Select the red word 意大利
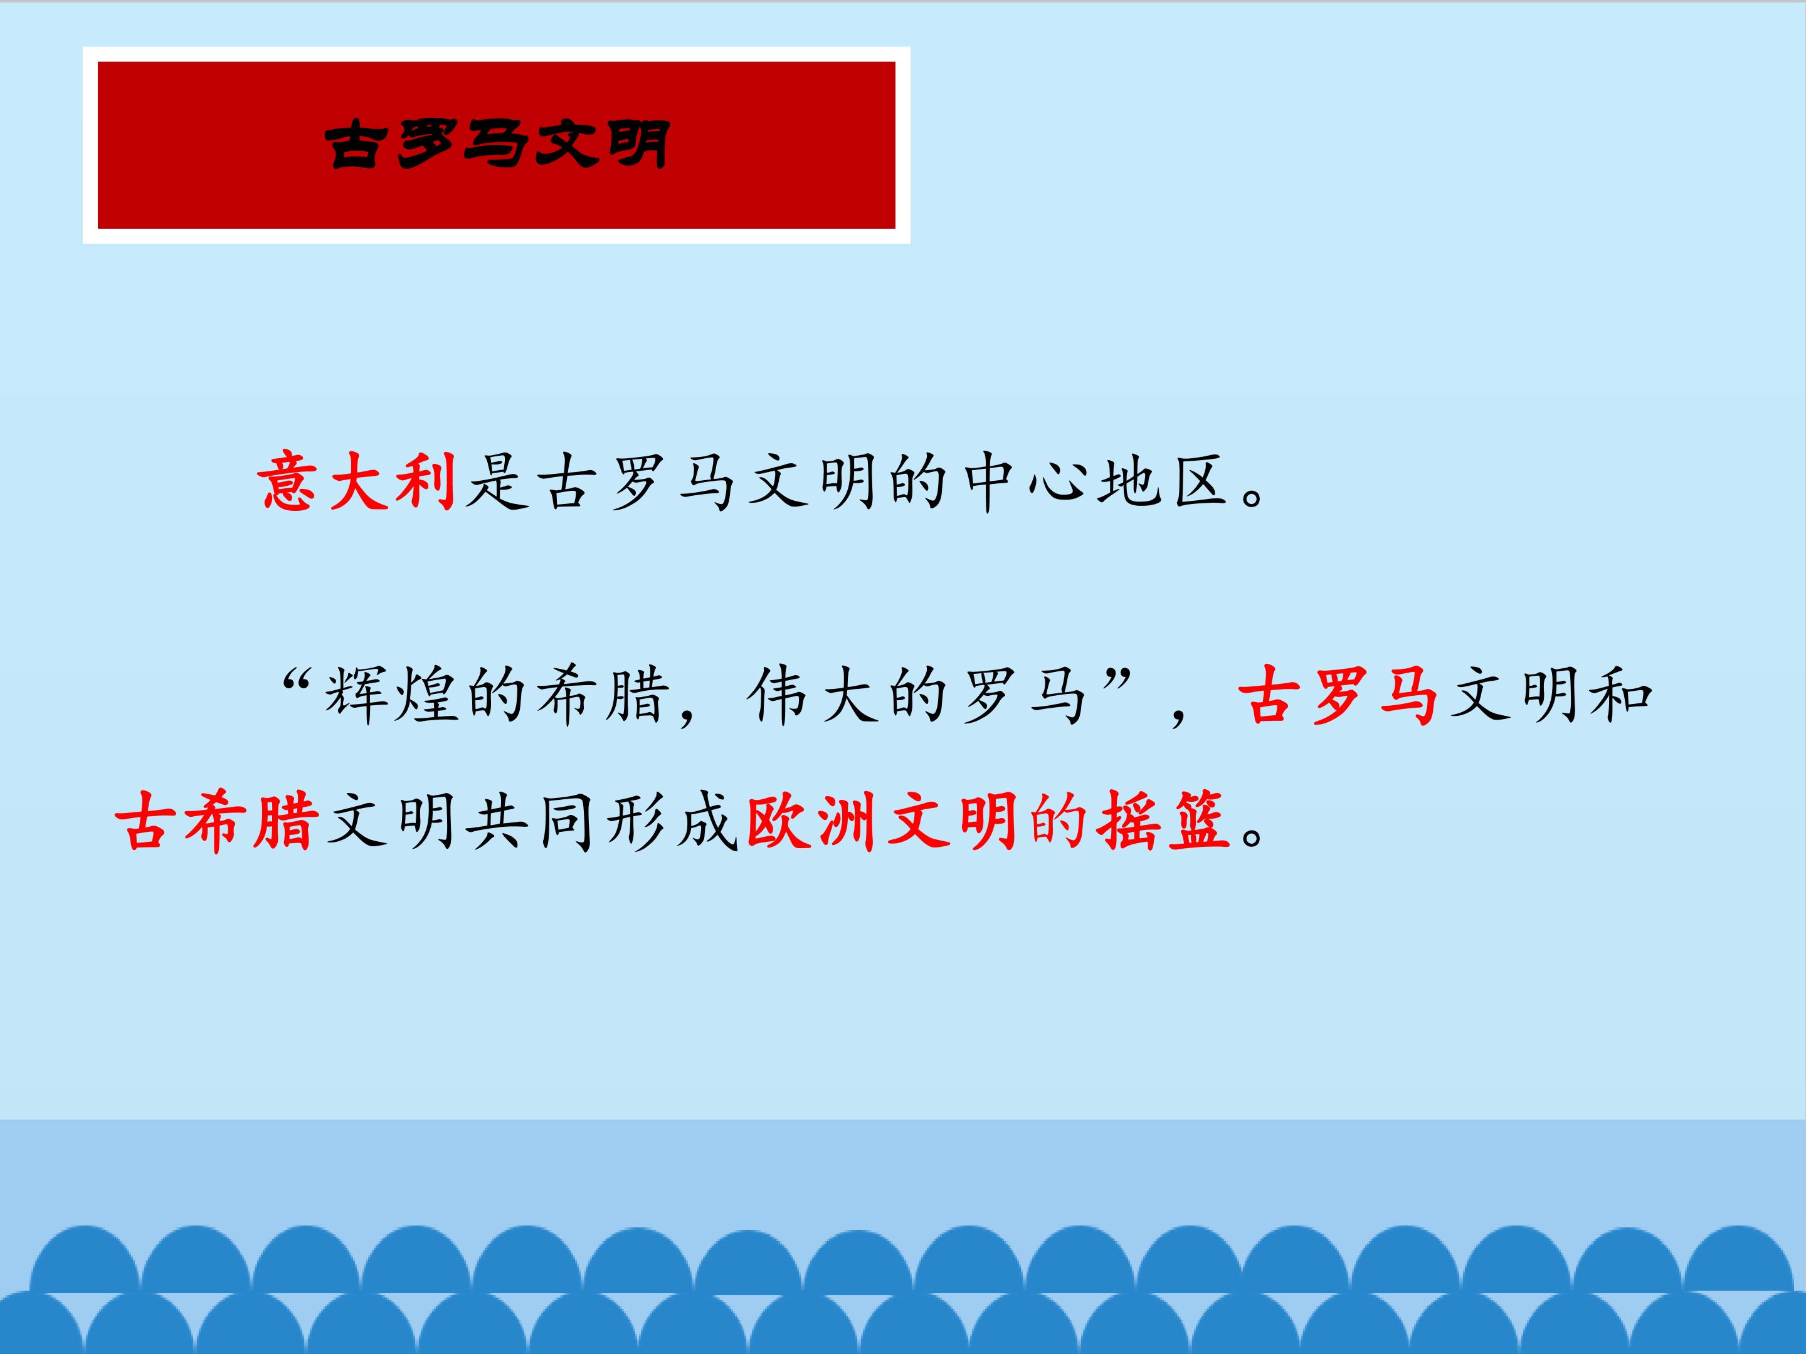click(357, 482)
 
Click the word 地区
click(1165, 482)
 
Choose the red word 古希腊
click(216, 820)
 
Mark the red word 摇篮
click(1163, 820)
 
